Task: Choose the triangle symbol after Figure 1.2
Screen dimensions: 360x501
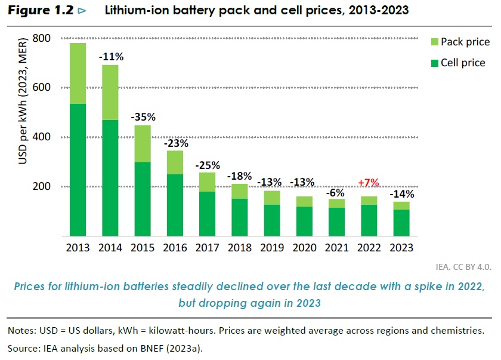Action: pos(82,11)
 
